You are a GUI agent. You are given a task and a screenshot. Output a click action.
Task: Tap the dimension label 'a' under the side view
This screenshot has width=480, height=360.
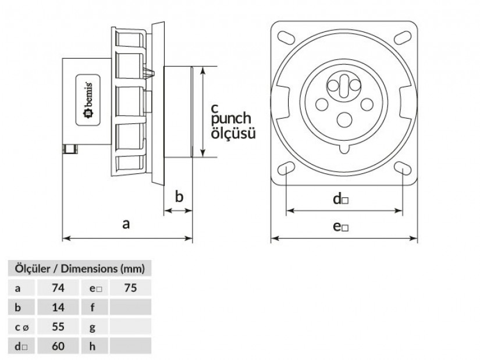pos(126,223)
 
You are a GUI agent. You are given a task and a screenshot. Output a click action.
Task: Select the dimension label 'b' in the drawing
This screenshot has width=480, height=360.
pos(179,197)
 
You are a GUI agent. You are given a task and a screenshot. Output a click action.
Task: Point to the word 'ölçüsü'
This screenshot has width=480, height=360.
pos(233,134)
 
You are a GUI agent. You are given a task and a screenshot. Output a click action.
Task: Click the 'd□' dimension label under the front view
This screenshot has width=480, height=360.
pos(340,199)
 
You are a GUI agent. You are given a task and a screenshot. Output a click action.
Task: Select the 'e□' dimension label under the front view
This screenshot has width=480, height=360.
pos(341,226)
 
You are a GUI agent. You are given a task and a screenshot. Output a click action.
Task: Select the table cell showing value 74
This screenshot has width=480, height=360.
pos(58,287)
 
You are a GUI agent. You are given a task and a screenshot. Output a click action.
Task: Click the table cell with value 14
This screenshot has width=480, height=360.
pos(58,307)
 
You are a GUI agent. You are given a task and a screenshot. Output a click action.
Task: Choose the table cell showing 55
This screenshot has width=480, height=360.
pos(58,326)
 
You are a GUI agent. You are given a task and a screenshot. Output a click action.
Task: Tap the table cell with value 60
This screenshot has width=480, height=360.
pos(58,346)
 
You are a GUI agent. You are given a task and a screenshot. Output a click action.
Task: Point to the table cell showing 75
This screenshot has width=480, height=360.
pos(130,287)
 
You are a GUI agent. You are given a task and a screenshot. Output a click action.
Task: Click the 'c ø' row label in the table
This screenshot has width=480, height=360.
pos(21,327)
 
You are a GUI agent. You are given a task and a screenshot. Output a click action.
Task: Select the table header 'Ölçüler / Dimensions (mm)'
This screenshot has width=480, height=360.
pos(79,269)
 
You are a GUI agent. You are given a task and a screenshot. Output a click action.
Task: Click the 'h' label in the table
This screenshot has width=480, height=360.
pos(93,346)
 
